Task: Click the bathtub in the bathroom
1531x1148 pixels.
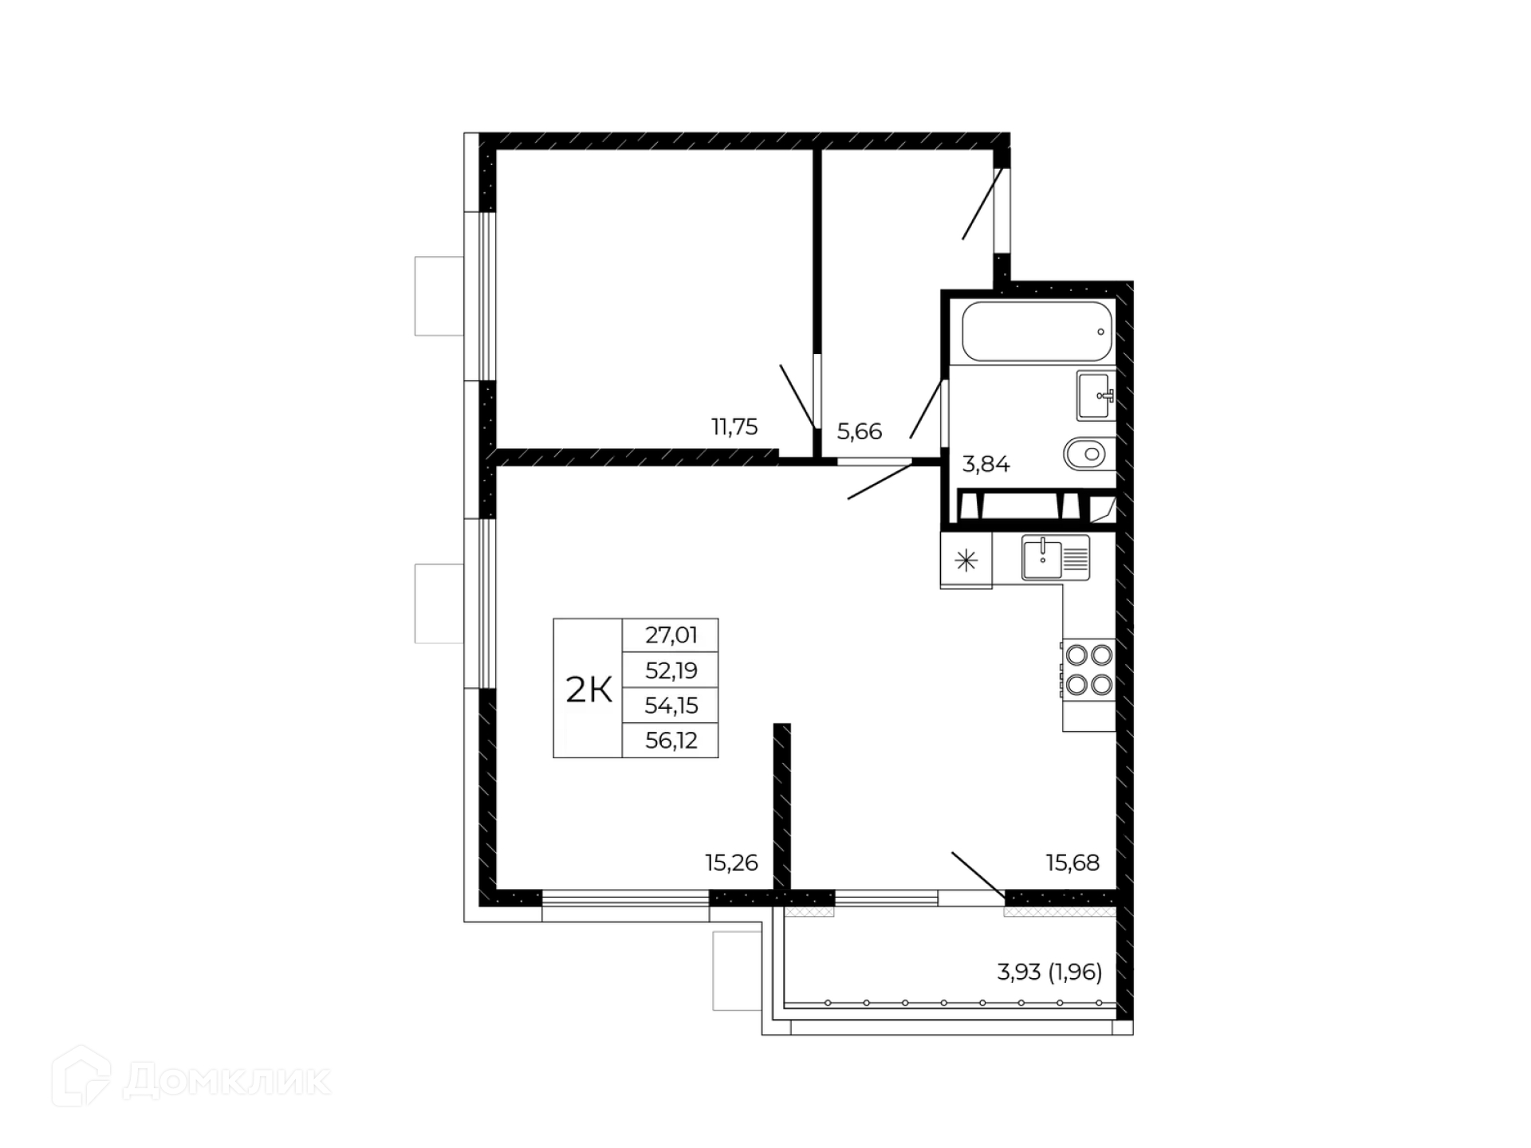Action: click(1037, 332)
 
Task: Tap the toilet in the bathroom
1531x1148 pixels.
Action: click(1089, 454)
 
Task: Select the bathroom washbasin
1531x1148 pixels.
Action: click(1096, 395)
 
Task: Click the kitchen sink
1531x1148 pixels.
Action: click(1056, 557)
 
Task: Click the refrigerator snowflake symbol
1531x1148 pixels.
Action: click(966, 561)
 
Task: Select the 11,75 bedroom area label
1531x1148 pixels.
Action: click(734, 427)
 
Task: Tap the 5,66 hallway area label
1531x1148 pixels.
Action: click(860, 432)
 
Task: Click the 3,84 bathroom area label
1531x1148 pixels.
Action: click(986, 464)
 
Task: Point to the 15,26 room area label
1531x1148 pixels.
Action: click(731, 863)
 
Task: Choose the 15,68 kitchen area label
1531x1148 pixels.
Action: click(1072, 863)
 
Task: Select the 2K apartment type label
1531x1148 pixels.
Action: click(589, 690)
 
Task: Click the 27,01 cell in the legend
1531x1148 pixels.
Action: click(671, 635)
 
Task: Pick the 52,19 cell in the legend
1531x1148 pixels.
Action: click(671, 670)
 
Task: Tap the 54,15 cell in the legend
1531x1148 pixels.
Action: click(671, 706)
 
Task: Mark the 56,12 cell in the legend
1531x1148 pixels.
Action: click(671, 741)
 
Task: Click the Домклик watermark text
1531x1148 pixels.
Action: click(226, 1081)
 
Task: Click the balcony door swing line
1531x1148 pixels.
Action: click(978, 875)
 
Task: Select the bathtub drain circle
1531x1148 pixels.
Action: click(1100, 332)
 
